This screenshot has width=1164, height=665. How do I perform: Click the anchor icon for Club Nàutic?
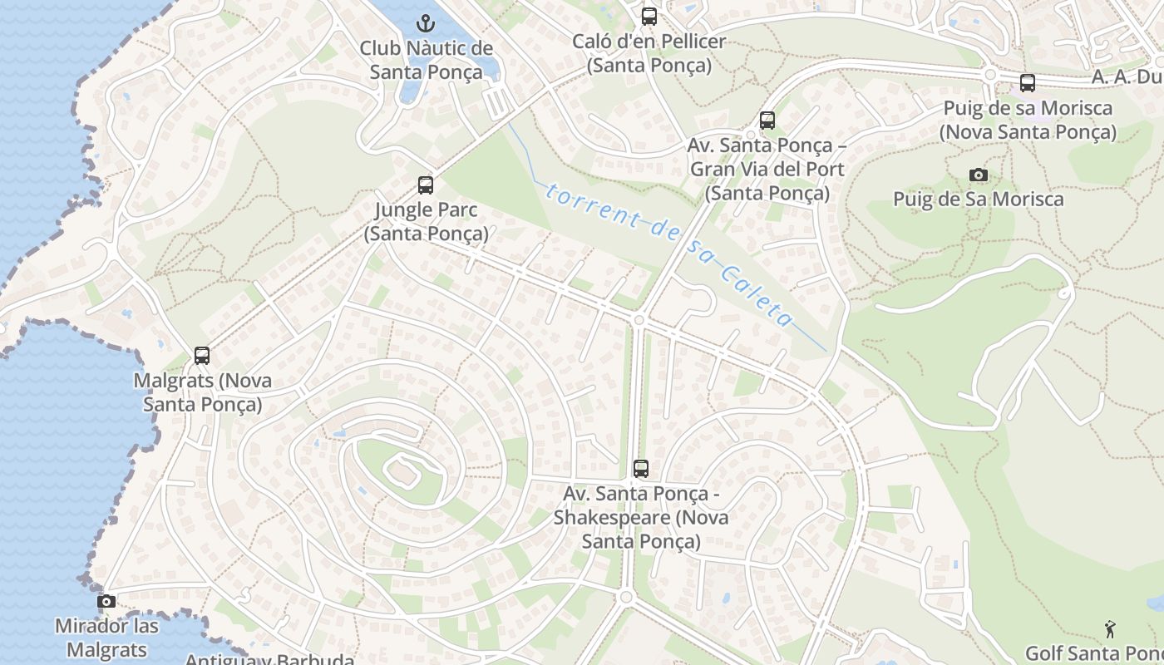426,22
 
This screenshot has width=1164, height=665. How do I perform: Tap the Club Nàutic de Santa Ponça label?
426,60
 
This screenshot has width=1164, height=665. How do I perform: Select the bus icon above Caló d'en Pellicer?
649,16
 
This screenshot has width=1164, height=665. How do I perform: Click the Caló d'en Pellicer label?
649,53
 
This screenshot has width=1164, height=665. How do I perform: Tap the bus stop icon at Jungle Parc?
426,185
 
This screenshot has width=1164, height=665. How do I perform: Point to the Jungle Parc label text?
426,221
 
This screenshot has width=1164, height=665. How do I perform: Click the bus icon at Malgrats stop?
201,356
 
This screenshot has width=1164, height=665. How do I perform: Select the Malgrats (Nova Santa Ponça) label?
203,392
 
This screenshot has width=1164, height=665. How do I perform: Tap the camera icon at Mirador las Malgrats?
106,601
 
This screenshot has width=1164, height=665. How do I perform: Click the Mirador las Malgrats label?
106,638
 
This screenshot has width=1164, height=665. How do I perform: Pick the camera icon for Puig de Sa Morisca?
979,175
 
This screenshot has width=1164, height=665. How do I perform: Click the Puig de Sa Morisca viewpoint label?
979,199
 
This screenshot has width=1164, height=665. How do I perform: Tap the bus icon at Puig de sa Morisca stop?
1028,83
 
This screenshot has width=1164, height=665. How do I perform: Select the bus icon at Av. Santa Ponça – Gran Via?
767,121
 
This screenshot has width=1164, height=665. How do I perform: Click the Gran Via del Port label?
767,170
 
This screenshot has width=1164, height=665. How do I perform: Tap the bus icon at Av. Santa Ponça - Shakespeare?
640,469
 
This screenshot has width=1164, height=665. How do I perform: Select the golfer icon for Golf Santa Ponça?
1109,628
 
